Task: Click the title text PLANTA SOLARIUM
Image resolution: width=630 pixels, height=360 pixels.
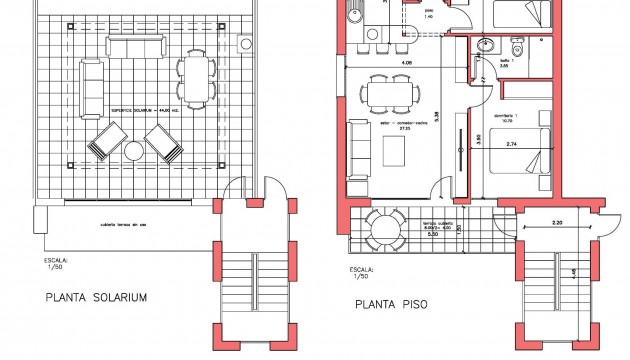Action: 97,297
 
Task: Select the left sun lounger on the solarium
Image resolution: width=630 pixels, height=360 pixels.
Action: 105,141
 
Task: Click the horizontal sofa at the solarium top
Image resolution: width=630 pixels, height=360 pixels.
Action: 135,49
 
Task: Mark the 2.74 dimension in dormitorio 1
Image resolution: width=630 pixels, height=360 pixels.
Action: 512,146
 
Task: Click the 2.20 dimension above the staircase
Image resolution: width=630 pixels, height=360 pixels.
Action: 556,221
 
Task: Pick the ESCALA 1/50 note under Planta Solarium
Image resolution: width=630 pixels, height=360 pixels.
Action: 57,264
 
